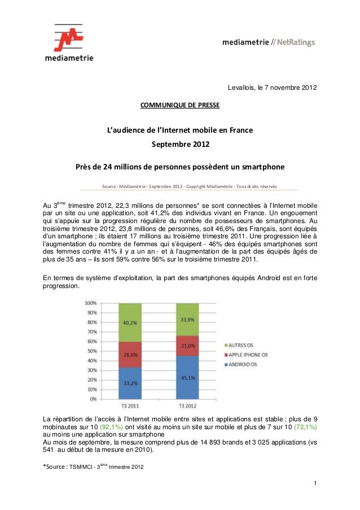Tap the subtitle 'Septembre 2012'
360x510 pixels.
(x=180, y=145)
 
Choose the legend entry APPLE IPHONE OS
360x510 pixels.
(x=255, y=355)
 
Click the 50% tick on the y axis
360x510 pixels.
(x=90, y=351)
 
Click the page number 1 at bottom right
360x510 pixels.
(x=313, y=485)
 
